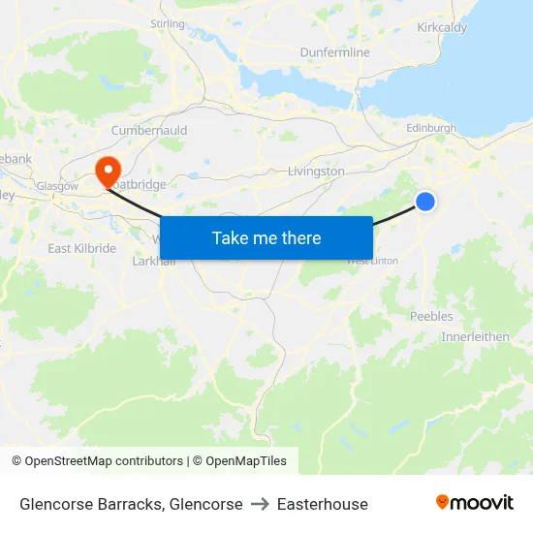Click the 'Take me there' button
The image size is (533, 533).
point(266,237)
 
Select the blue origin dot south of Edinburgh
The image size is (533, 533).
point(425,201)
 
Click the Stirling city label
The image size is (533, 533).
point(168,23)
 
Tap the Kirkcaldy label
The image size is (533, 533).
point(441,28)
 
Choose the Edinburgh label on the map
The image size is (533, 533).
point(431,128)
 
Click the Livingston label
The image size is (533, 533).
point(316,172)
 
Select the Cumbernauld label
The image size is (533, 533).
point(149,130)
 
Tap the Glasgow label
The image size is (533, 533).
point(57,186)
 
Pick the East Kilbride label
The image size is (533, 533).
point(81,248)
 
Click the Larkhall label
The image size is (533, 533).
point(152,261)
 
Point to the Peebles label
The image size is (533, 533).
point(431,316)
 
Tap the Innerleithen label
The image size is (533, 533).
point(475,336)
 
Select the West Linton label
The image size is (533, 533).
point(372,261)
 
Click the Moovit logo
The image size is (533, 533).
point(474,503)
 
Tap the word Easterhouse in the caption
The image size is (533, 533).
point(323,504)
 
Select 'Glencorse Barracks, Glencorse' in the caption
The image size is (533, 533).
point(131,504)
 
